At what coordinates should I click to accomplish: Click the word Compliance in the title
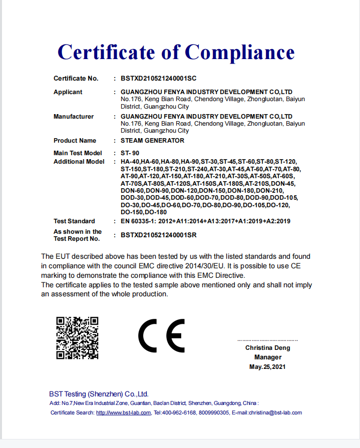240,52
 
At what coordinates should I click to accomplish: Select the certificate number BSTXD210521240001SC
158,79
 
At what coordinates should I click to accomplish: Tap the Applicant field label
68,92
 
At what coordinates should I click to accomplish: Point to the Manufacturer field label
74,117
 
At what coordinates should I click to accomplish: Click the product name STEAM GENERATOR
152,141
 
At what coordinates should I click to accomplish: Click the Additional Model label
79,162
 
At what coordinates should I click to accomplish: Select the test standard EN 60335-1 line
205,221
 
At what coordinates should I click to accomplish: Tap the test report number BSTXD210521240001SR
158,235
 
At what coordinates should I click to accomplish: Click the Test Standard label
74,221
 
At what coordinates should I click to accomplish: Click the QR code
77,338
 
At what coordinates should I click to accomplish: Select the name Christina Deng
267,348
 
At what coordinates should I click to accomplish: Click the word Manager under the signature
267,357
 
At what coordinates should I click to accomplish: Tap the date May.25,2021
267,367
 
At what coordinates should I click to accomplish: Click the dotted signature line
267,340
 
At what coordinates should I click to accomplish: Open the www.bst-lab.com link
123,412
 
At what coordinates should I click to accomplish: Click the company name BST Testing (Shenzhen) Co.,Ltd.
99,394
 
